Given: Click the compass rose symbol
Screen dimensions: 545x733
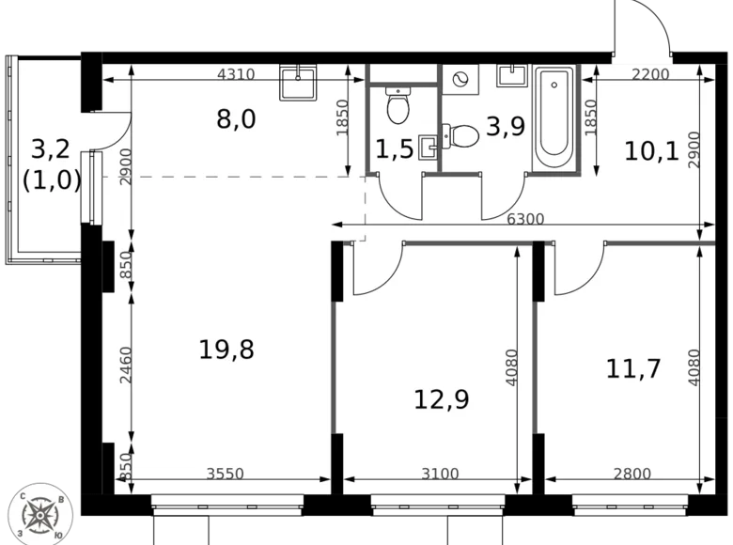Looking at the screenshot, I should coord(40,513).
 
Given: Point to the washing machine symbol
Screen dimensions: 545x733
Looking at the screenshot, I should coord(460,80).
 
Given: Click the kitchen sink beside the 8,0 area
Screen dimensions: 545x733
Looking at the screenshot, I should coord(301,83).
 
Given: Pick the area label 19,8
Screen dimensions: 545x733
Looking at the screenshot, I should coord(226,350).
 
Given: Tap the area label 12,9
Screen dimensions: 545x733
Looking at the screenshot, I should coord(442,399).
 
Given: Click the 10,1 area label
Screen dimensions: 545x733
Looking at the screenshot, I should coord(651,150).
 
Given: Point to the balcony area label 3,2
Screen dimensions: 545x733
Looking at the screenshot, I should coord(51,149).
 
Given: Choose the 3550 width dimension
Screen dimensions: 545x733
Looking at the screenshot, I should coord(225,475).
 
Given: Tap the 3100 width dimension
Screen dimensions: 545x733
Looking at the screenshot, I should coord(440,475).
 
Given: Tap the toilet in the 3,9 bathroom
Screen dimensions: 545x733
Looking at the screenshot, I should coord(460,136).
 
